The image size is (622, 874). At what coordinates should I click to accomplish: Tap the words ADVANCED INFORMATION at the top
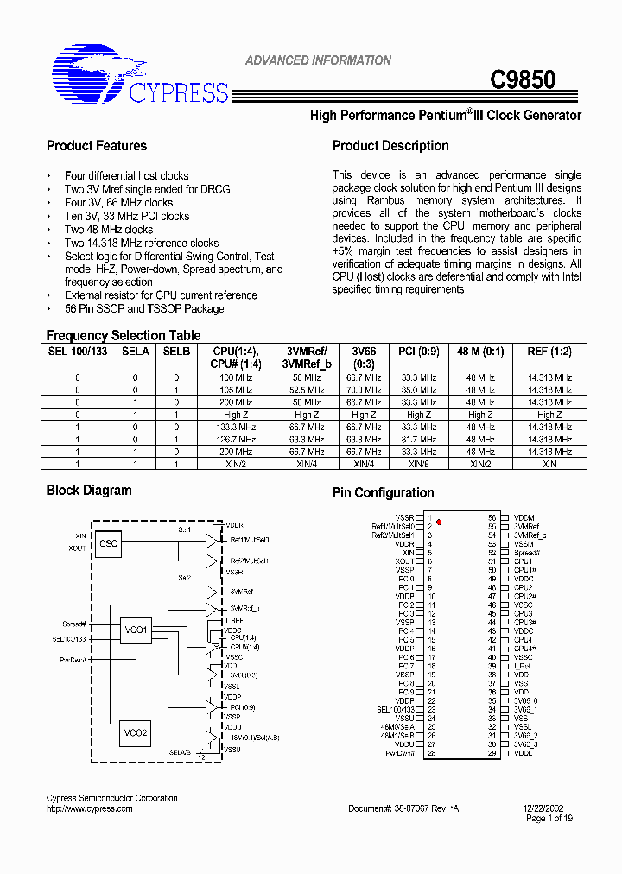coord(318,60)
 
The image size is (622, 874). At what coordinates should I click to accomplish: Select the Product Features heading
coord(97,146)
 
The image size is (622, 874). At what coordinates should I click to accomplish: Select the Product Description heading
coord(390,146)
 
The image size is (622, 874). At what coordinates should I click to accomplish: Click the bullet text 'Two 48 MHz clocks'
coord(109,230)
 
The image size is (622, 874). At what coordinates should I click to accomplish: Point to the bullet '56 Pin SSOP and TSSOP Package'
coord(144,308)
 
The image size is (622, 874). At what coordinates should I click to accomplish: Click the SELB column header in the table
coord(176,351)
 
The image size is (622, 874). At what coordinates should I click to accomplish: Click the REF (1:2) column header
coord(549,351)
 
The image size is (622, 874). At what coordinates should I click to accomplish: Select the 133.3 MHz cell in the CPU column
coord(234,427)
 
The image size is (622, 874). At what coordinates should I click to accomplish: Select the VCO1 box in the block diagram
coord(136,630)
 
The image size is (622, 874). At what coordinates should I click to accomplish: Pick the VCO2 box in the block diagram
coord(136,733)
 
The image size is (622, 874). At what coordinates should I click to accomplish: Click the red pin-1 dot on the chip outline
coord(439,522)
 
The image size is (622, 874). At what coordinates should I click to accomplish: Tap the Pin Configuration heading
coord(383,493)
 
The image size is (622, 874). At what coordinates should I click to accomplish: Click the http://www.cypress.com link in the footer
coord(89,809)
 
